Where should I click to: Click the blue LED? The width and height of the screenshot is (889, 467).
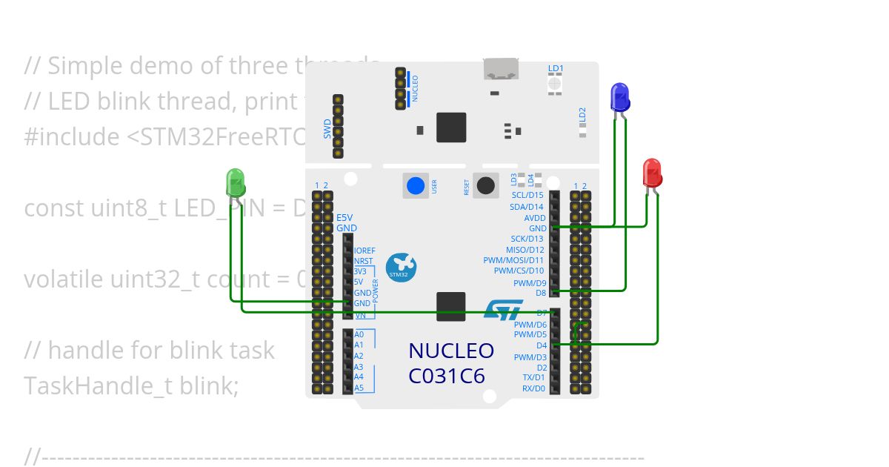(619, 97)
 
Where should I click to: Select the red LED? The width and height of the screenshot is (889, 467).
(652, 173)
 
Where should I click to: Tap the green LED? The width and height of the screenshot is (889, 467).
(235, 182)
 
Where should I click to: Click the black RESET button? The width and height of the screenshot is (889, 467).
(486, 185)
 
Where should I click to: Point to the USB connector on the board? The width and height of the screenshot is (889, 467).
(501, 69)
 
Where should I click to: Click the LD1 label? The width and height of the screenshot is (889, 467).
(556, 68)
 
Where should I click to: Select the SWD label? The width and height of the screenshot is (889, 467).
(327, 130)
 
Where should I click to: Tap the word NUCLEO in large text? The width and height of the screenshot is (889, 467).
(450, 351)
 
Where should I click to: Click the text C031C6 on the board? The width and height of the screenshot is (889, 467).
(446, 377)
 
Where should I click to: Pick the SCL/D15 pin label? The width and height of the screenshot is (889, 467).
(527, 195)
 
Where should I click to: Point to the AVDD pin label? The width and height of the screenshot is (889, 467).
(535, 218)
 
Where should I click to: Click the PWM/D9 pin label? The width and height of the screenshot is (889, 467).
(530, 283)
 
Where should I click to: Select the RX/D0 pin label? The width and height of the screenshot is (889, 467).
(533, 388)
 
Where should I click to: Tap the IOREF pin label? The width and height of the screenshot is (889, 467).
(364, 251)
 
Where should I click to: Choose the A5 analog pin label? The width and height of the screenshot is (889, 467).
(359, 388)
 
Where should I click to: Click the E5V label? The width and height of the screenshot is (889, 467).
(345, 218)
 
